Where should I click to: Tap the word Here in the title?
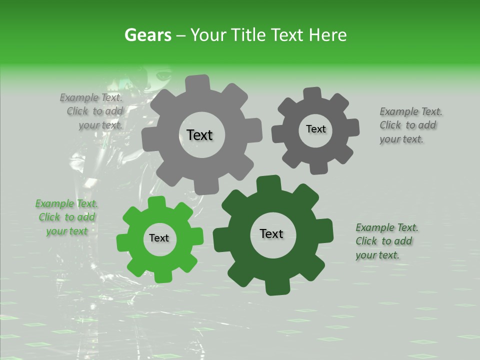328,35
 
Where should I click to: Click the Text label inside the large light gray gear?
199,135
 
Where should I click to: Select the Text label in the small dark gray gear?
315,129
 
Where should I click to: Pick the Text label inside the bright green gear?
159,238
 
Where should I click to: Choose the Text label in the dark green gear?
271,233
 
